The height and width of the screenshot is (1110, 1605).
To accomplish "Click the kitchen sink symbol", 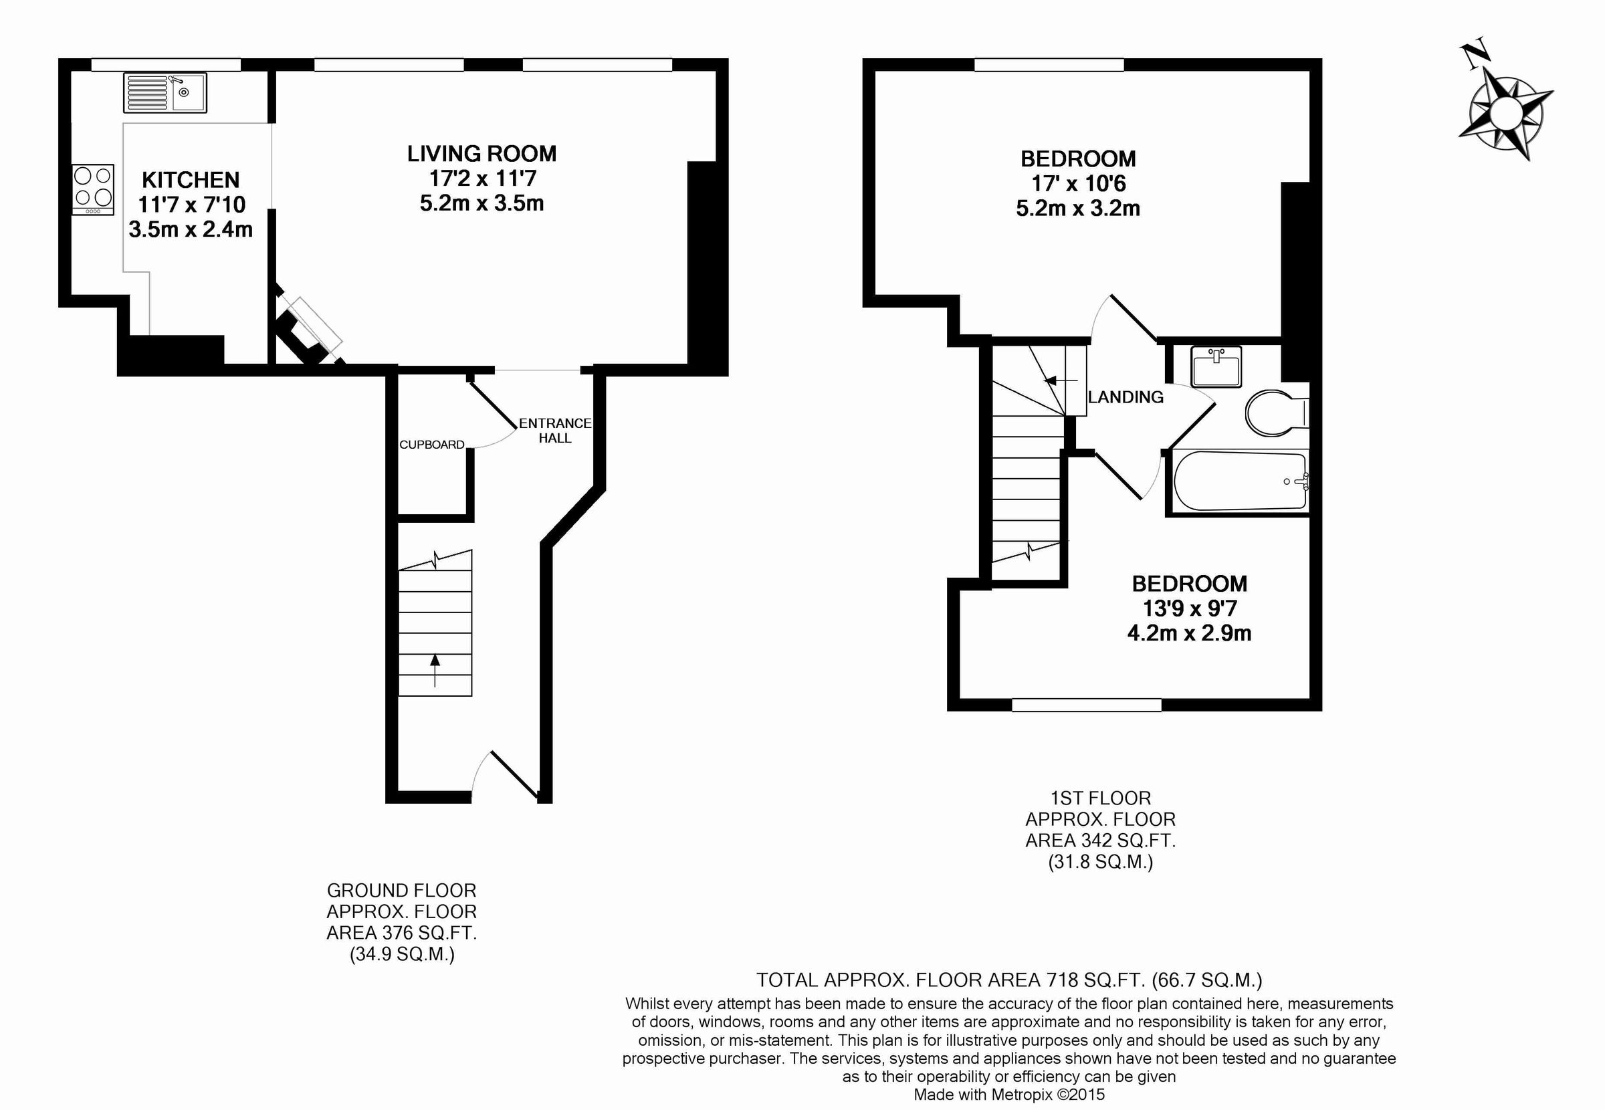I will pos(165,92).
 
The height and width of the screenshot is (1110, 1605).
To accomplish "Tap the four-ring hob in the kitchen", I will pos(93,189).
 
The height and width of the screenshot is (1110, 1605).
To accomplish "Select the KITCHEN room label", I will pos(191,180).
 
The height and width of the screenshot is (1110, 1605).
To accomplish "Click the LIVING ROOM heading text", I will pos(481,154).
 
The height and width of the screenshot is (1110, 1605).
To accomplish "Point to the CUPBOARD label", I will pos(431,445).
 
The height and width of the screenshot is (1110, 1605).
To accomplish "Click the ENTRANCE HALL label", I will pos(554,431).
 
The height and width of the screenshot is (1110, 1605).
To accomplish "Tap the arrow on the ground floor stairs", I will pos(435,670).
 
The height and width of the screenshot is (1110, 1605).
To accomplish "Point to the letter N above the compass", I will pos(1473,56).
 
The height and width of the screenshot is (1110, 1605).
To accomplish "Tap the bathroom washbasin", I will pos(1216,366).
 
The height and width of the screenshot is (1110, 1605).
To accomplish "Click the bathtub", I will pos(1239,481).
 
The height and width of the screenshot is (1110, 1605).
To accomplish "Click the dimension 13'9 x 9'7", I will pos(1189,608).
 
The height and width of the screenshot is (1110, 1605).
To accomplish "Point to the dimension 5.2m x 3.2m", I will pos(1078,209).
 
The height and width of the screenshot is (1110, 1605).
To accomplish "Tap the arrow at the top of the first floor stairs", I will pos(1060,380).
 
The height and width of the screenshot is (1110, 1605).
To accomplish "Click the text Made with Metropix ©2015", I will pos(1009,1095).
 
